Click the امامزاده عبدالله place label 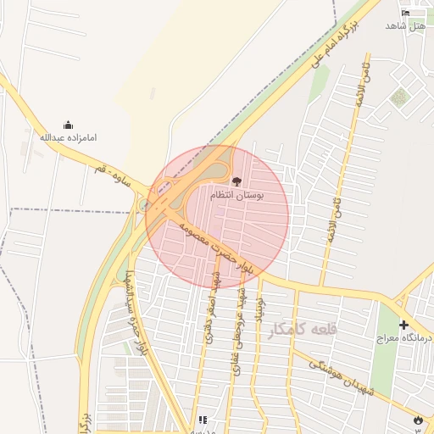coord(69,136)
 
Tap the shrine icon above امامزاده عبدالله coord(69,125)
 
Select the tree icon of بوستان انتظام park coord(236,181)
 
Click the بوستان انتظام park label coord(237,195)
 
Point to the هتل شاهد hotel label coord(404,26)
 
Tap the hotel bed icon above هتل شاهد coord(405,13)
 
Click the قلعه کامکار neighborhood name coord(301,331)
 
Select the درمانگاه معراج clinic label coord(404,338)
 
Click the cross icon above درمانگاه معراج coord(403,325)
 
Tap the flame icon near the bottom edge coord(417,421)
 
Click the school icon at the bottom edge coord(203,420)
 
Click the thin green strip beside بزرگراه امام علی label coord(320,81)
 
